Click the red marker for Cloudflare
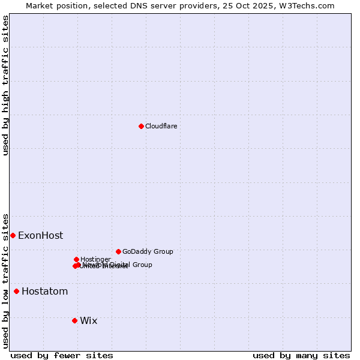pos(141,126)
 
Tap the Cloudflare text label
pos(161,126)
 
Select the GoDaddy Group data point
pos(118,251)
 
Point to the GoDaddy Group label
pos(148,251)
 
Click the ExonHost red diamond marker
pos(13,235)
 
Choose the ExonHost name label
pos(40,235)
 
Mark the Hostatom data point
pos(16,291)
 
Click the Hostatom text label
pos(44,291)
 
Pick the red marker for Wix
pos(74,320)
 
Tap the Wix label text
pos(88,320)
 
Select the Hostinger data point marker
pos(76,259)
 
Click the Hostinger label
pos(95,259)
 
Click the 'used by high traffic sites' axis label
pos(5,85)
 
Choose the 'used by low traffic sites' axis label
pos(5,281)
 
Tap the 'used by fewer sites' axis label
pos(62,355)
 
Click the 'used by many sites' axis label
pos(301,355)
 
